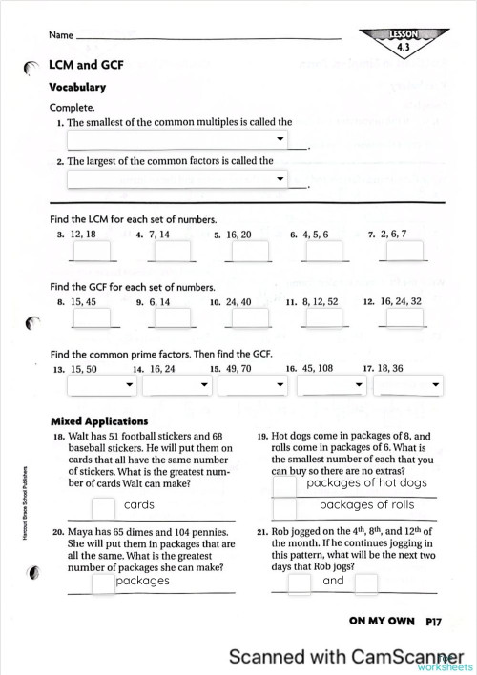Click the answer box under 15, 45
(x=92, y=317)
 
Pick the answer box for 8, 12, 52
(x=321, y=317)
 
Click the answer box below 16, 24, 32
(x=401, y=317)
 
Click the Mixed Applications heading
(x=98, y=420)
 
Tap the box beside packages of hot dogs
(x=284, y=485)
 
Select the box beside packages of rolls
(x=284, y=507)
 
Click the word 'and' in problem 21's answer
(x=333, y=581)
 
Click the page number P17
(x=434, y=621)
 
